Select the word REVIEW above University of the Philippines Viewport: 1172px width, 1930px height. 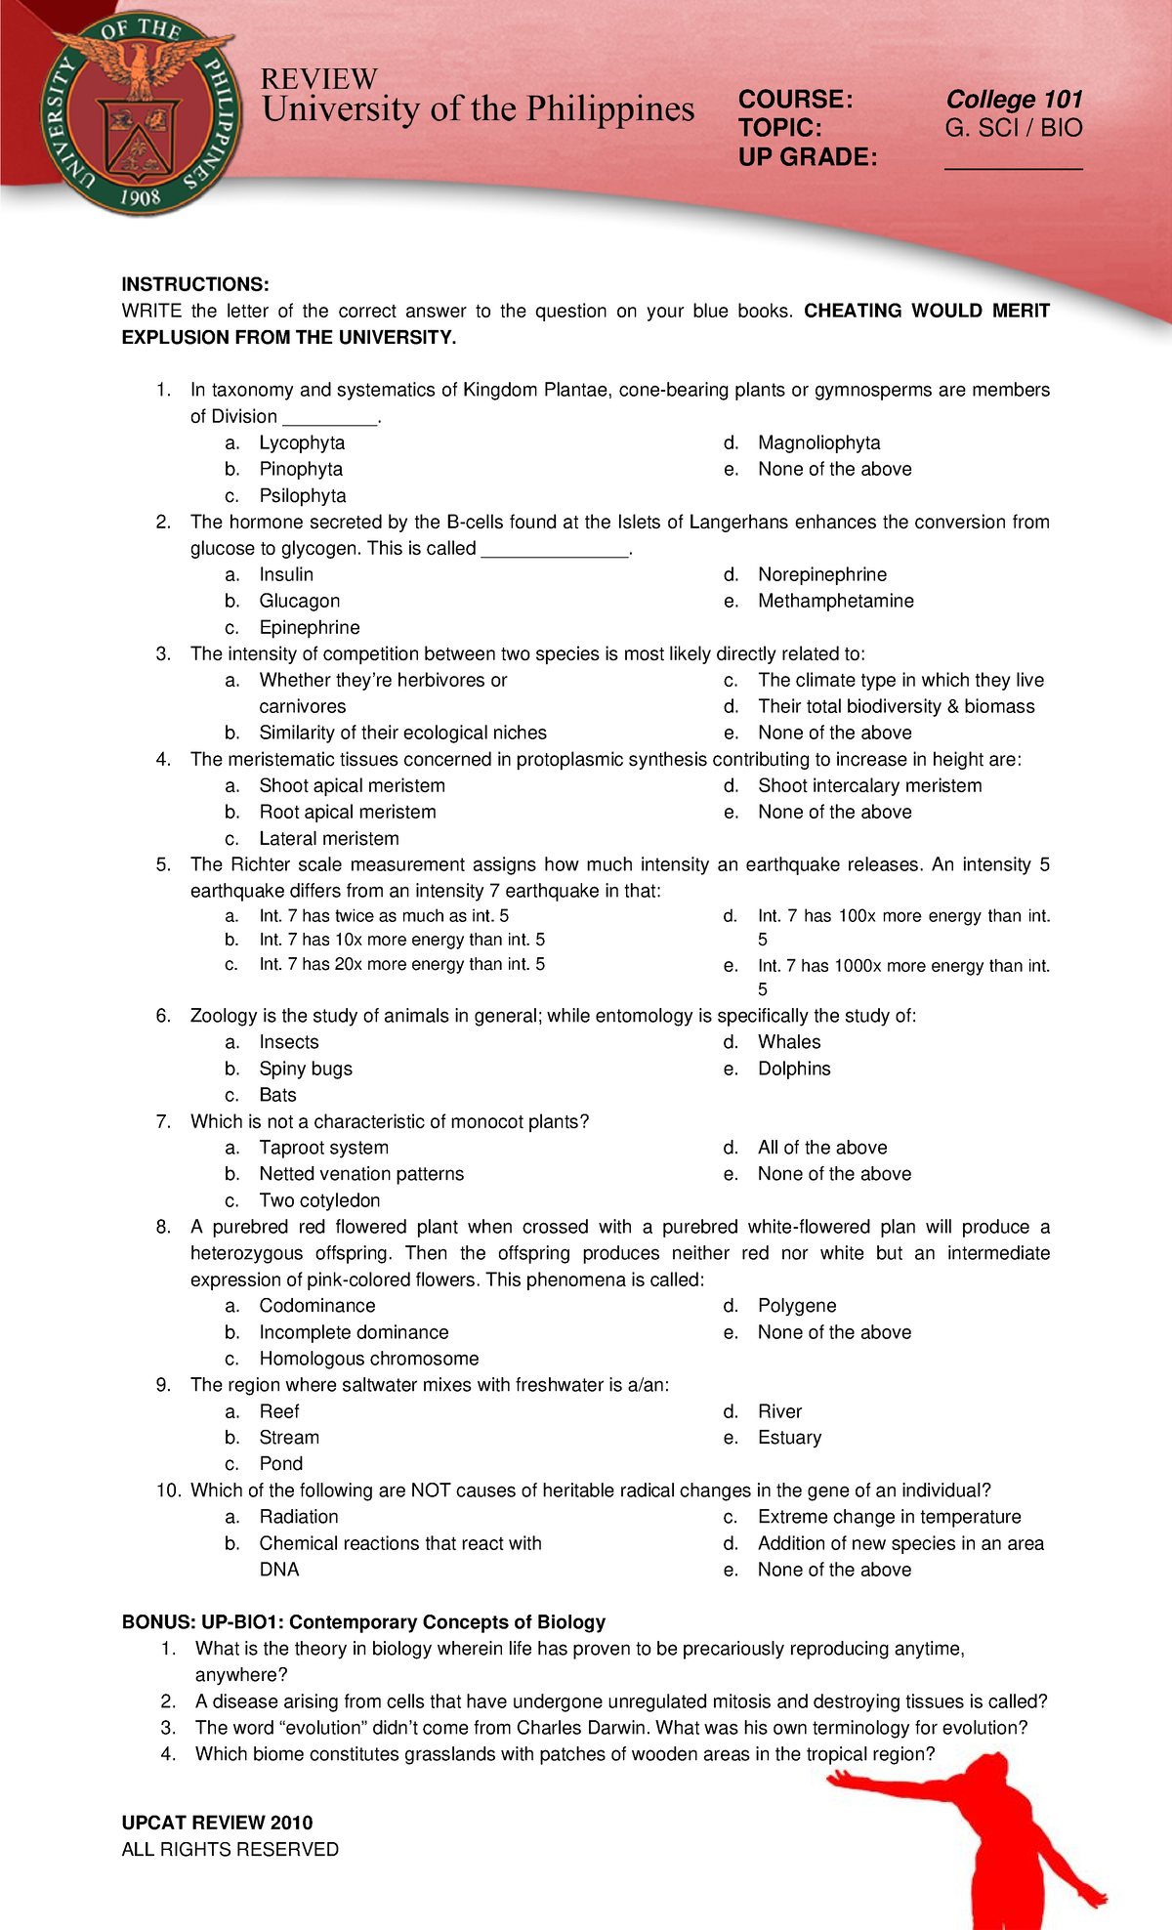pyautogui.click(x=318, y=79)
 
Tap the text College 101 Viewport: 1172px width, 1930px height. pyautogui.click(x=1014, y=100)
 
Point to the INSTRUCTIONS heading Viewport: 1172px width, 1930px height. pyautogui.click(x=194, y=284)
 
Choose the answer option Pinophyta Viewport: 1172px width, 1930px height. pyautogui.click(x=301, y=469)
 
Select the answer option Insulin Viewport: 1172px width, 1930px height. pyautogui.click(x=286, y=574)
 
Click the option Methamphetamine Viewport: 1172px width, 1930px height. pyautogui.click(x=835, y=601)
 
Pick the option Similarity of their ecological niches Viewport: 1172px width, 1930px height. pyautogui.click(x=402, y=733)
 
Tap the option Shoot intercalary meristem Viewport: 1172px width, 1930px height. pyautogui.click(x=869, y=785)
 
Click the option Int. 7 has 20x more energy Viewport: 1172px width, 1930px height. pyautogui.click(x=401, y=964)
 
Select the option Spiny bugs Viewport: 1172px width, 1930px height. pyautogui.click(x=306, y=1069)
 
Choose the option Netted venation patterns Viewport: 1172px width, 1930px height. pyautogui.click(x=361, y=1174)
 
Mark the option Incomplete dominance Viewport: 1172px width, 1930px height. pyautogui.click(x=354, y=1332)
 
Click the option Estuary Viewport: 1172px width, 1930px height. pyautogui.click(x=789, y=1438)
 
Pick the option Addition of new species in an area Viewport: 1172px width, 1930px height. pyautogui.click(x=900, y=1543)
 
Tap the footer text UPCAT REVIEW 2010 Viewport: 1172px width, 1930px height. pyautogui.click(x=217, y=1823)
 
